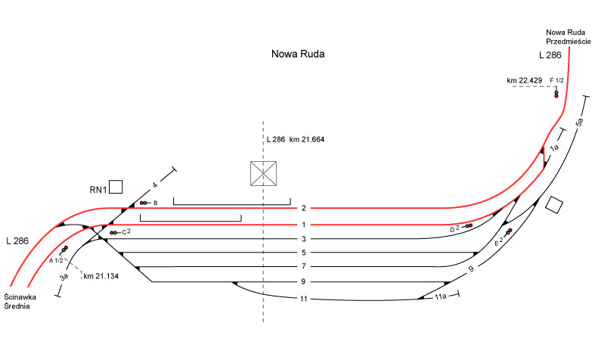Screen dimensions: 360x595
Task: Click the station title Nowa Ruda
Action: [301, 55]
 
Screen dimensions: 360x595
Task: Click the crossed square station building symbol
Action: [263, 174]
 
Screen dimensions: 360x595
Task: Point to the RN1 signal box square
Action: [116, 186]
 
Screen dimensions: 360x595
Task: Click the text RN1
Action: [95, 189]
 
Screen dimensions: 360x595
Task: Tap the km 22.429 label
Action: [524, 80]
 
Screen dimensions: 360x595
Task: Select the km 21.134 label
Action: [102, 275]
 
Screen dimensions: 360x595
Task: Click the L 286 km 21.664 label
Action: [295, 140]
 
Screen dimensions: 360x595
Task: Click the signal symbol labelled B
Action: [144, 203]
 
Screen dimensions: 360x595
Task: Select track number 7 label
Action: [302, 267]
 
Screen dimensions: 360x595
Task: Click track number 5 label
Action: [302, 253]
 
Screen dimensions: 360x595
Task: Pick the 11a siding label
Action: [439, 297]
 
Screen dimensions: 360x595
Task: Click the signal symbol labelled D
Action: [468, 226]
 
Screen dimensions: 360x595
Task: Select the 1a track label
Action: [554, 149]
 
